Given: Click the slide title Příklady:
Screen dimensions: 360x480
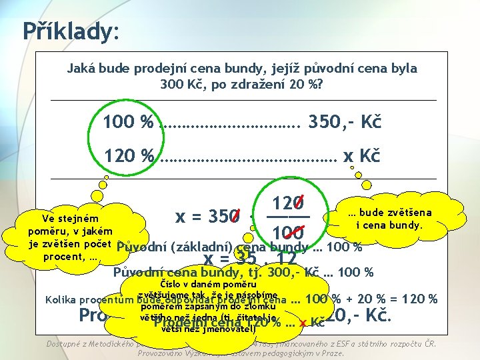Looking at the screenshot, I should click(x=69, y=30).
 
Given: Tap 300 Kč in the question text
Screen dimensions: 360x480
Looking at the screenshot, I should click(x=179, y=84).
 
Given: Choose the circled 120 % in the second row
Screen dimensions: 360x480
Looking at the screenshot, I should click(x=127, y=156).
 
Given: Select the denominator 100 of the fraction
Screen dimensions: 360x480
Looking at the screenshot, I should click(x=288, y=233).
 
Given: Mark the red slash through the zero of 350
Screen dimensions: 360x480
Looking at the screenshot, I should click(x=235, y=216).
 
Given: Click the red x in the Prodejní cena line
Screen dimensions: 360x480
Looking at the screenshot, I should click(x=303, y=323).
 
